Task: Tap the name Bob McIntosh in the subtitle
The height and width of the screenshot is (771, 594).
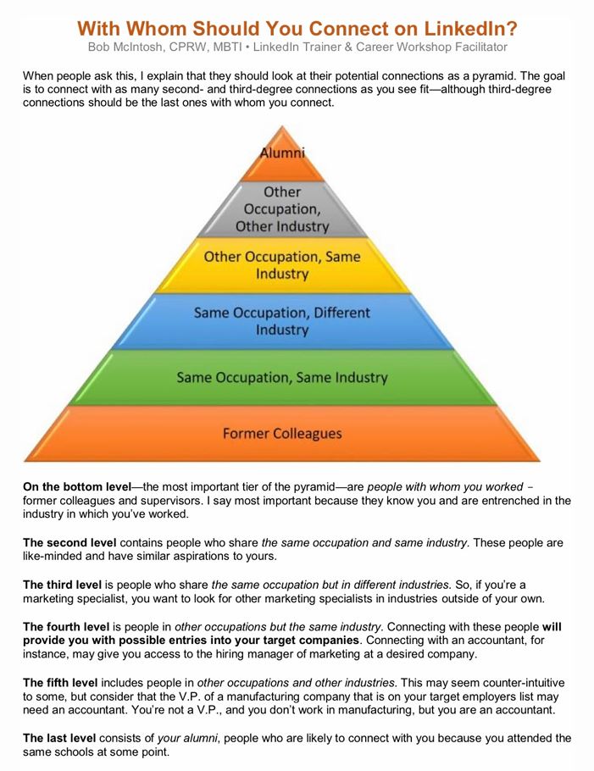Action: [x=125, y=47]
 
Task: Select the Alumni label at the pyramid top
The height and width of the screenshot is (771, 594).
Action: [x=282, y=153]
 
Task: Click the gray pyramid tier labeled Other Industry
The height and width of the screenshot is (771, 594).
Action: [x=282, y=209]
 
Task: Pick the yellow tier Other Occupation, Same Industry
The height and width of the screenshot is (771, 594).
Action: [x=282, y=265]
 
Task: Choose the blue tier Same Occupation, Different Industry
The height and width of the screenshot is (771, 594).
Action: [x=282, y=321]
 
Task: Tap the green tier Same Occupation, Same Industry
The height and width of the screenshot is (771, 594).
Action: [x=282, y=377]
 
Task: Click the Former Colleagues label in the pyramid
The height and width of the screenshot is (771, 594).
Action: [x=282, y=434]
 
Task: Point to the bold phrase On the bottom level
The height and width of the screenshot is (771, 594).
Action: [x=77, y=487]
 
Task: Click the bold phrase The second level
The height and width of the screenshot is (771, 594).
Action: [x=69, y=543]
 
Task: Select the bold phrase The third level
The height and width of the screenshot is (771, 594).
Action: [x=62, y=585]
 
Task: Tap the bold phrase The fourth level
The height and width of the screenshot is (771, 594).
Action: [x=66, y=627]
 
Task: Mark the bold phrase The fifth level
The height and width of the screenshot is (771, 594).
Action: [x=60, y=683]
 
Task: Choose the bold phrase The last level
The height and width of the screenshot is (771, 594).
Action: [x=59, y=738]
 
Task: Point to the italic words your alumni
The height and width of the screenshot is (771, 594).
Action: [x=187, y=739]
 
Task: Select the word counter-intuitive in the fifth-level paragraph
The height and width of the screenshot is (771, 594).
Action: [x=524, y=683]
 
